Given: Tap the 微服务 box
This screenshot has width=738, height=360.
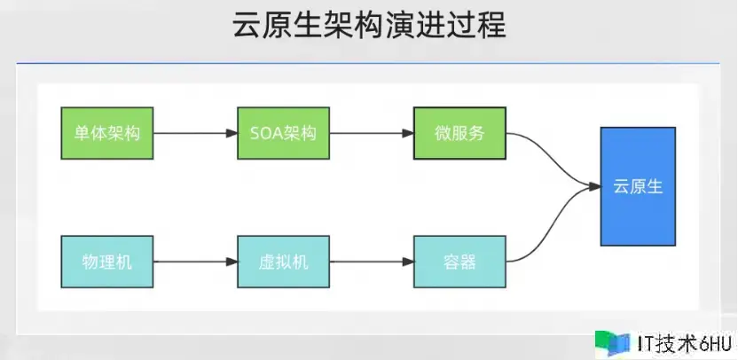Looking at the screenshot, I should pos(459,134).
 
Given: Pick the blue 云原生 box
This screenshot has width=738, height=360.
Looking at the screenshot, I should pos(638,186).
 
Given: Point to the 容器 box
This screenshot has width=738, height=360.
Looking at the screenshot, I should pos(459,262).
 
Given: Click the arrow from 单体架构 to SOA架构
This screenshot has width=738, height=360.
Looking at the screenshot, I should pos(195,134).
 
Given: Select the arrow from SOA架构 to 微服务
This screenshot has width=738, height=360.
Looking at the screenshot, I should pos(371,134).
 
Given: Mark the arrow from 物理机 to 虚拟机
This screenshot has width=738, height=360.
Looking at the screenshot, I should pos(195,262).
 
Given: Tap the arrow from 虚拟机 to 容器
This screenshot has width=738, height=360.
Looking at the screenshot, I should pos(371,262).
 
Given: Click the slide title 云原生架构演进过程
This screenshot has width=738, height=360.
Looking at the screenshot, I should pos(368,26).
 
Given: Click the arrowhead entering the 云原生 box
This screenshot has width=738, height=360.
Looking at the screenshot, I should pos(594,186).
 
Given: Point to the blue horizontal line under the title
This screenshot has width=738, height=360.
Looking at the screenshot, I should pos(368,64).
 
